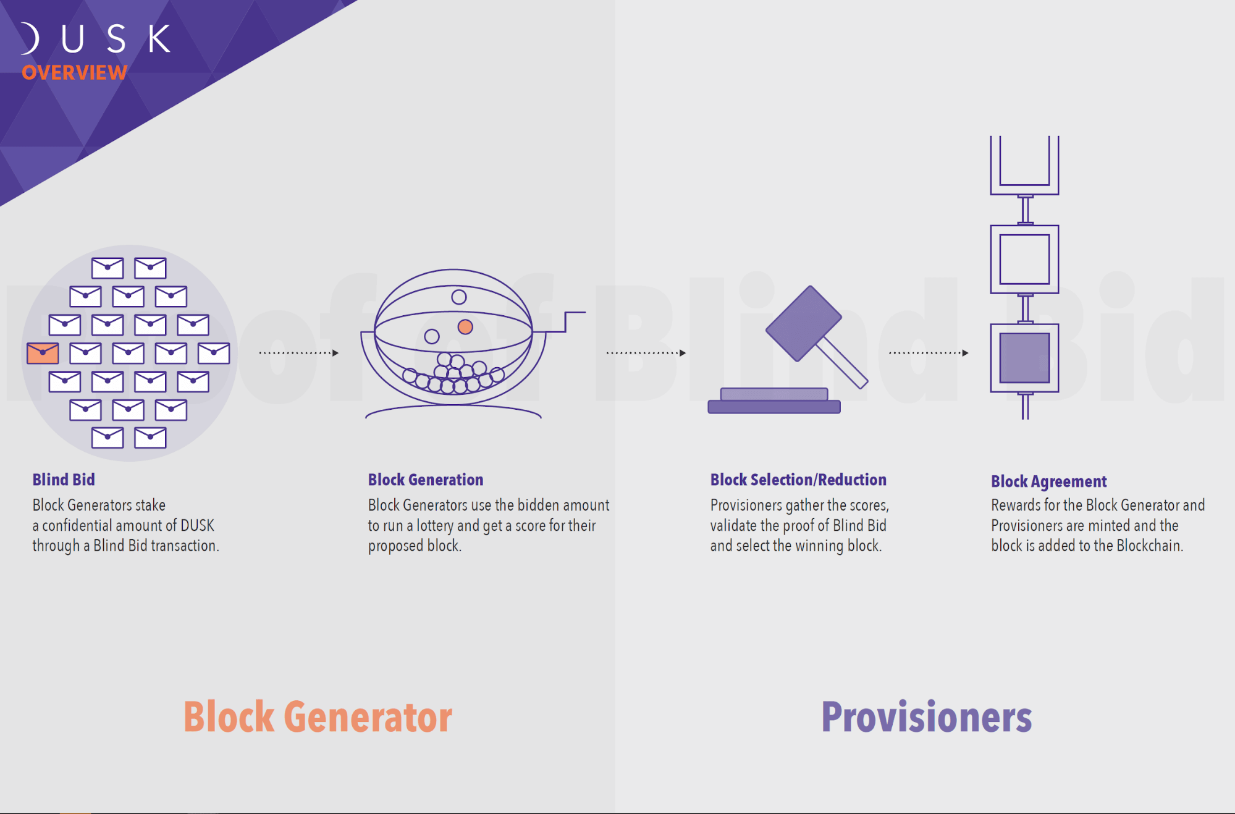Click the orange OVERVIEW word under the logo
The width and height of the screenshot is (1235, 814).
75,73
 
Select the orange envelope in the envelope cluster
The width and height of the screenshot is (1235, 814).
43,353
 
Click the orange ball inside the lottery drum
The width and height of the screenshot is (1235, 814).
465,327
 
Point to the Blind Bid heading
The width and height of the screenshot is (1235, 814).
64,480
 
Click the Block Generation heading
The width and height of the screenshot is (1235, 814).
426,480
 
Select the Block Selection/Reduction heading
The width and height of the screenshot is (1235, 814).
798,480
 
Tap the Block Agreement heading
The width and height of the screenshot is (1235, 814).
1048,481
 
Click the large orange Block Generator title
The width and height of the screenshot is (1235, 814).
318,717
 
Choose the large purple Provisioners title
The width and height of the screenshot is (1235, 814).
926,717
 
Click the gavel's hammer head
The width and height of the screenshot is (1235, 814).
803,323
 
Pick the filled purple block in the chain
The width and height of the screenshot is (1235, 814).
1024,358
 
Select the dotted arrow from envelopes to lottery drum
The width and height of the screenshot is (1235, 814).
298,353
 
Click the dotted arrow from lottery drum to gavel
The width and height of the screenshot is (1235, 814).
646,353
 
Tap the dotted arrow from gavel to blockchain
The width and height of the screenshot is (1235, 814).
928,353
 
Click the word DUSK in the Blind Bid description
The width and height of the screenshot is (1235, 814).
197,525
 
